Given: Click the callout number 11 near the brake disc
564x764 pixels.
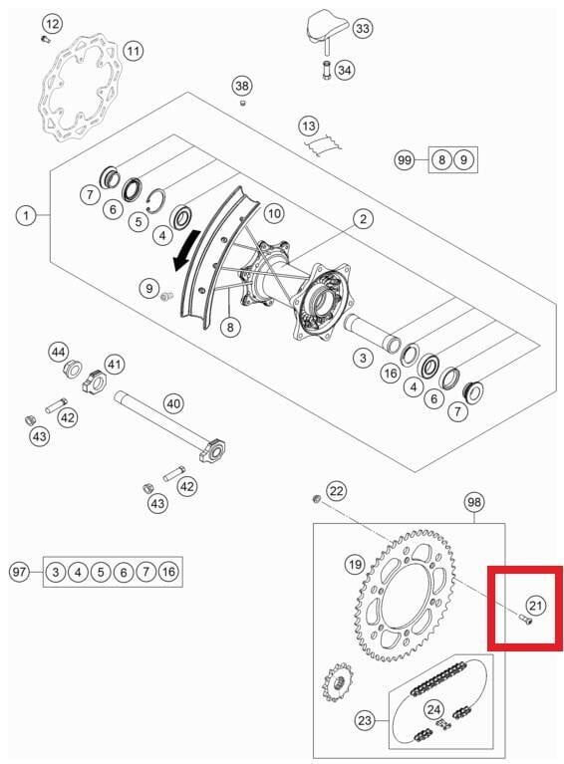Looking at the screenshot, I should coord(133,50).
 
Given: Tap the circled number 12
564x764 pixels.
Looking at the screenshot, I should coord(51,22).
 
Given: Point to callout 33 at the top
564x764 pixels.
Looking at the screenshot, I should coord(363,29).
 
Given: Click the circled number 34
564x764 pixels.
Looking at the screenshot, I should coord(345,70).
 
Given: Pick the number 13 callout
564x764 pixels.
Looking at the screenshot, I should coord(310,126).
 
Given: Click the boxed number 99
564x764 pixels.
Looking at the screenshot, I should coord(404,159).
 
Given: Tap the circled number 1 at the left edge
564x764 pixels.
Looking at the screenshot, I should coord(25,214).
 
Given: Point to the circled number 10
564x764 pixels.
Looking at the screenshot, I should coord(273,212).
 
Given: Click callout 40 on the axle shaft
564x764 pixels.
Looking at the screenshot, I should coord(173,403).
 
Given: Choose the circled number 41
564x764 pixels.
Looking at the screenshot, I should coord(116,365).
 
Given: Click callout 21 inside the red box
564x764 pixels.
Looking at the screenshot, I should coord(536,605).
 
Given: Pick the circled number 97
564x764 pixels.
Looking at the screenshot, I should coord(19,572).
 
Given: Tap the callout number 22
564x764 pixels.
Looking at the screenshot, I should coord(337,490).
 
